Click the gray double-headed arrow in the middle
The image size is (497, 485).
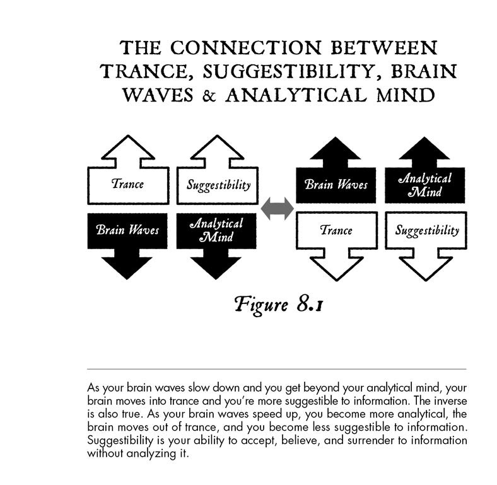(278, 208)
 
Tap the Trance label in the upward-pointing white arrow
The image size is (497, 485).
(128, 184)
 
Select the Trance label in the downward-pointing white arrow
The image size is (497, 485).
(336, 230)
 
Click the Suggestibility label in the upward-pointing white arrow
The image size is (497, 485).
(218, 185)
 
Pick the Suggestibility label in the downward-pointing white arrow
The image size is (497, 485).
(427, 230)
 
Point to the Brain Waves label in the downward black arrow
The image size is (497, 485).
(127, 230)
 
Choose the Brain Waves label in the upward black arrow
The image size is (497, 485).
(336, 184)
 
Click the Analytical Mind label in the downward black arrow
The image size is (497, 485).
(216, 230)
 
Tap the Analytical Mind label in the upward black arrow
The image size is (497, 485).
(424, 185)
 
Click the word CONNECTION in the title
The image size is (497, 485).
(246, 48)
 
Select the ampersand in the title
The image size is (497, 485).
(209, 95)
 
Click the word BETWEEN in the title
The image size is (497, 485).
(384, 48)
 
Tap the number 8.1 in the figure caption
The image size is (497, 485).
(310, 305)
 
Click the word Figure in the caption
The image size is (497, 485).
(262, 305)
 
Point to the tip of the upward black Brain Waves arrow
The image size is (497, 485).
(336, 137)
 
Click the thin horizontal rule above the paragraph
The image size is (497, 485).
(277, 369)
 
